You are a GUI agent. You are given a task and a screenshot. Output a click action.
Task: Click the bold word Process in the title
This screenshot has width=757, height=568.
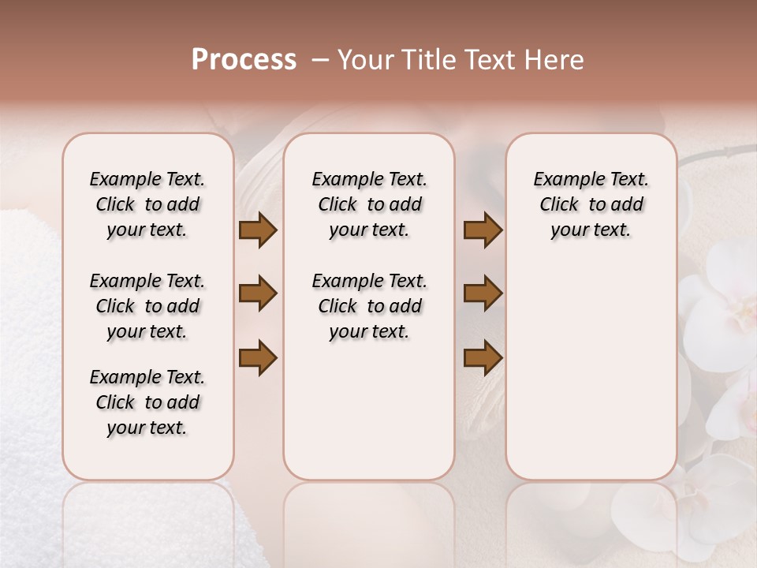coord(244,60)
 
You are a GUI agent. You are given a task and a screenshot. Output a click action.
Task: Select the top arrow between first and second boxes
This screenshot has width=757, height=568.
coord(258,230)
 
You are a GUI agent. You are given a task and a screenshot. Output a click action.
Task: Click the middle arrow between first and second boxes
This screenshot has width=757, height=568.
coord(258,294)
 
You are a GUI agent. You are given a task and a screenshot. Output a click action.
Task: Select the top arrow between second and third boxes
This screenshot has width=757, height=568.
coord(483,230)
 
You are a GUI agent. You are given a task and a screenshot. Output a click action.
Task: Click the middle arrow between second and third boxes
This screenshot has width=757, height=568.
coord(483,294)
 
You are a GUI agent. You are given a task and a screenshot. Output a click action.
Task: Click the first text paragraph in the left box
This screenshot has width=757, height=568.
coord(147,204)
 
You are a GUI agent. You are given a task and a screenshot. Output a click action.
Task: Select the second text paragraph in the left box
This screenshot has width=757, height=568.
coord(147,306)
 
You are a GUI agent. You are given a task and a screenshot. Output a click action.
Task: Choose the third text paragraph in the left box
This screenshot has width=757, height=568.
coord(147,402)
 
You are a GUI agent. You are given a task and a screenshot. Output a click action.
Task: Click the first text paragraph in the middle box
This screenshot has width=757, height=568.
coord(369,204)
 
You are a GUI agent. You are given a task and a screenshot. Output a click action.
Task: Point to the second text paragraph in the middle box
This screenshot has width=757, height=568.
coord(369,306)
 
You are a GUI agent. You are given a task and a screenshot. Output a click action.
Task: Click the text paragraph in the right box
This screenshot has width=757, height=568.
coord(591,204)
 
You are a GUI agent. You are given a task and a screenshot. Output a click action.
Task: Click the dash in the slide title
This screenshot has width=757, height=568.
coord(319,60)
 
